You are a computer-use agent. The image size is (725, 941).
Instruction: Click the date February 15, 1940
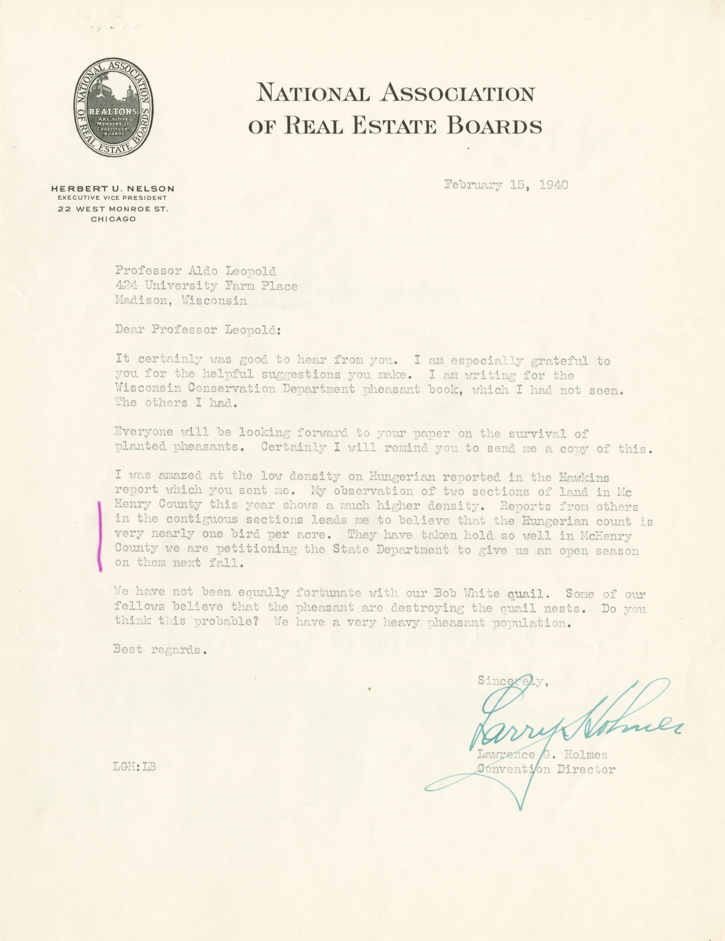tap(506, 185)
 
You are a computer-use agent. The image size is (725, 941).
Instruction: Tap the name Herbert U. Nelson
tap(113, 189)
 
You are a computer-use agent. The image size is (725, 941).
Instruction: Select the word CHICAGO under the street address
tap(113, 219)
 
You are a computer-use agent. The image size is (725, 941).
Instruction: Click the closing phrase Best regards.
tap(157, 649)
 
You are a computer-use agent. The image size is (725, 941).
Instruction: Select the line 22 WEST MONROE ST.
tap(113, 209)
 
